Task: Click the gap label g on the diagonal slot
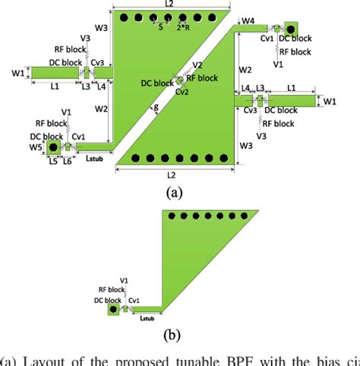tap(156, 108)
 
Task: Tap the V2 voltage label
tap(197, 66)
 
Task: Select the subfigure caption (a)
tap(175, 193)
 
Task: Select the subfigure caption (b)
tap(175, 333)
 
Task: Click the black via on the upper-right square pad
tap(290, 25)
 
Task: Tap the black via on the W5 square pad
tap(53, 147)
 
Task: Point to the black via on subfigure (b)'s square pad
tap(113, 309)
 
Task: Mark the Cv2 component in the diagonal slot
tap(180, 79)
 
